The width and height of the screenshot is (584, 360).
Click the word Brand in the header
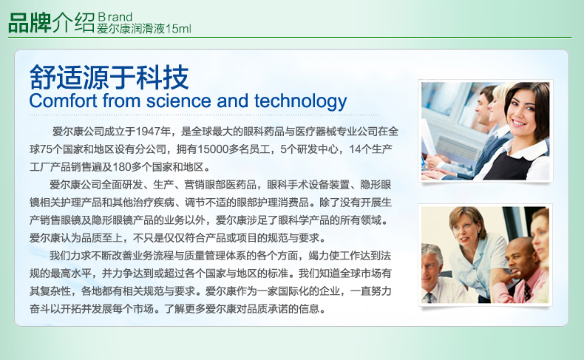pyautogui.click(x=115, y=17)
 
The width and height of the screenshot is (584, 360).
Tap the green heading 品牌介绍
pyautogui.click(x=52, y=23)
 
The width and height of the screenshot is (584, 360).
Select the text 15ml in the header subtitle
pyautogui.click(x=178, y=29)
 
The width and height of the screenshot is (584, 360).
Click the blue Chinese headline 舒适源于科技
pyautogui.click(x=109, y=77)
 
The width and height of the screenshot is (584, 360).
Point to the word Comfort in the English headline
pyautogui.click(x=63, y=101)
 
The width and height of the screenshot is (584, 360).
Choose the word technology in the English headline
pyautogui.click(x=301, y=101)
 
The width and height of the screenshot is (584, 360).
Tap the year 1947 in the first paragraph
pyautogui.click(x=149, y=132)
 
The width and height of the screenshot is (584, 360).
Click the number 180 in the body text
pyautogui.click(x=121, y=167)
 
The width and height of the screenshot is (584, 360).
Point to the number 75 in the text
pyautogui.click(x=46, y=149)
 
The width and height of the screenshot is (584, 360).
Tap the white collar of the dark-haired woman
pyautogui.click(x=525, y=149)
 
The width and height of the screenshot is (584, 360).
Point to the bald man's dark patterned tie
pyautogui.click(x=527, y=292)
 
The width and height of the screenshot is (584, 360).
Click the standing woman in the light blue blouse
pyautogui.click(x=472, y=252)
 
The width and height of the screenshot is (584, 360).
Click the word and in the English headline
pyautogui.click(x=232, y=101)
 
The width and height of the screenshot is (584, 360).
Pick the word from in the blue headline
pyautogui.click(x=122, y=101)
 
